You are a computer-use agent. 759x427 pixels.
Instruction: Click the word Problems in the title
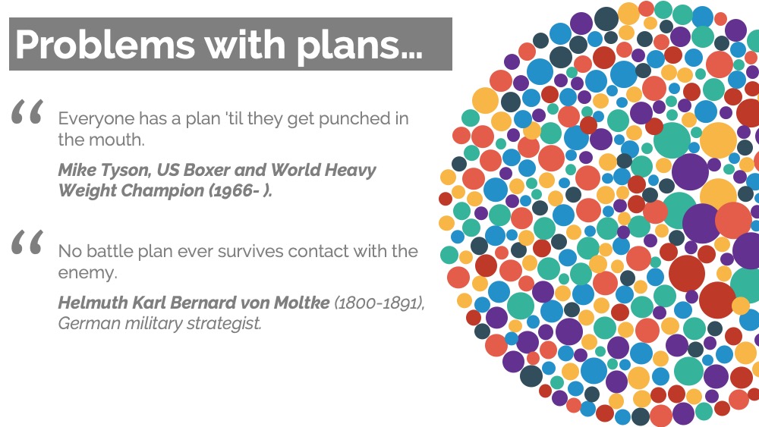click(x=105, y=45)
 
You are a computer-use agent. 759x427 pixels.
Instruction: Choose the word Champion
click(x=162, y=190)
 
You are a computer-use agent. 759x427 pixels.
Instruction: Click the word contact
click(x=318, y=252)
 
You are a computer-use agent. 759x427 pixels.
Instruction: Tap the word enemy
click(x=87, y=273)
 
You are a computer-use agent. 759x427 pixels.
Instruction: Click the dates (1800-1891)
click(x=379, y=303)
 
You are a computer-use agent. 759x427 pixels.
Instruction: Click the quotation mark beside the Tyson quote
click(x=27, y=111)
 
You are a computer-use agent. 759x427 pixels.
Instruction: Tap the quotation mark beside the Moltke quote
click(x=27, y=242)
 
